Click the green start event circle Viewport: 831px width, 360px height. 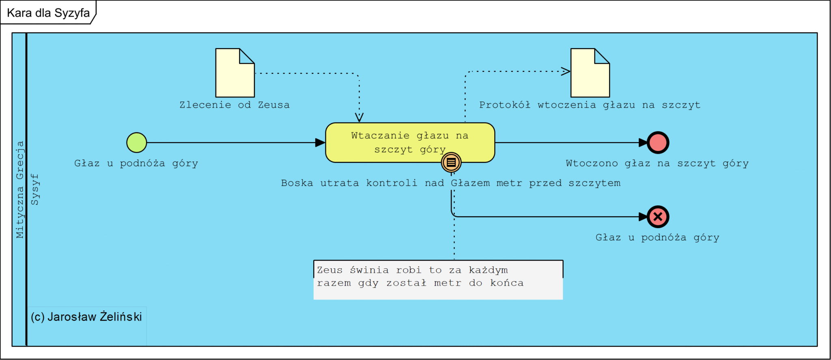tap(137, 142)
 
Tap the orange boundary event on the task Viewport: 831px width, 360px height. tap(451, 162)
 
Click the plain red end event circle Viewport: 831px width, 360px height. tap(658, 142)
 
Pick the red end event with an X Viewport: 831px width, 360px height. tap(658, 217)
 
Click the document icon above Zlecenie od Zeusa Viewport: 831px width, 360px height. tap(235, 73)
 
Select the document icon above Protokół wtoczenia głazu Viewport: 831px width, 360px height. tap(590, 73)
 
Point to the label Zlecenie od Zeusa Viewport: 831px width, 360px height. tap(235, 105)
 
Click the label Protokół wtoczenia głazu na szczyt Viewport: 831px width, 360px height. tap(590, 105)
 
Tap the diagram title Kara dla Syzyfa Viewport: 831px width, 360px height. tap(48, 13)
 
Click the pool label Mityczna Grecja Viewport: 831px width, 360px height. tap(19, 189)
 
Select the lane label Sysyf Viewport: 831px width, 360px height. tap(35, 189)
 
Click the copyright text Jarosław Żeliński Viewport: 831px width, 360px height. tap(86, 317)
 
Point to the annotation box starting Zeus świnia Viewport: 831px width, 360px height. tap(438, 280)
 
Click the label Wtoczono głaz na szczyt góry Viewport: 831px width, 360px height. tap(657, 164)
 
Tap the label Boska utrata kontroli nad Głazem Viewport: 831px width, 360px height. tap(450, 183)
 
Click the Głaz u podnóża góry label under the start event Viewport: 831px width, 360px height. tap(136, 164)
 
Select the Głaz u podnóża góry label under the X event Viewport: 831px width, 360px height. tap(657, 237)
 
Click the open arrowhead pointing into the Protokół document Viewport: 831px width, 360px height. tap(566, 71)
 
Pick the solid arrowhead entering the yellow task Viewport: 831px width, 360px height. tap(321, 142)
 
